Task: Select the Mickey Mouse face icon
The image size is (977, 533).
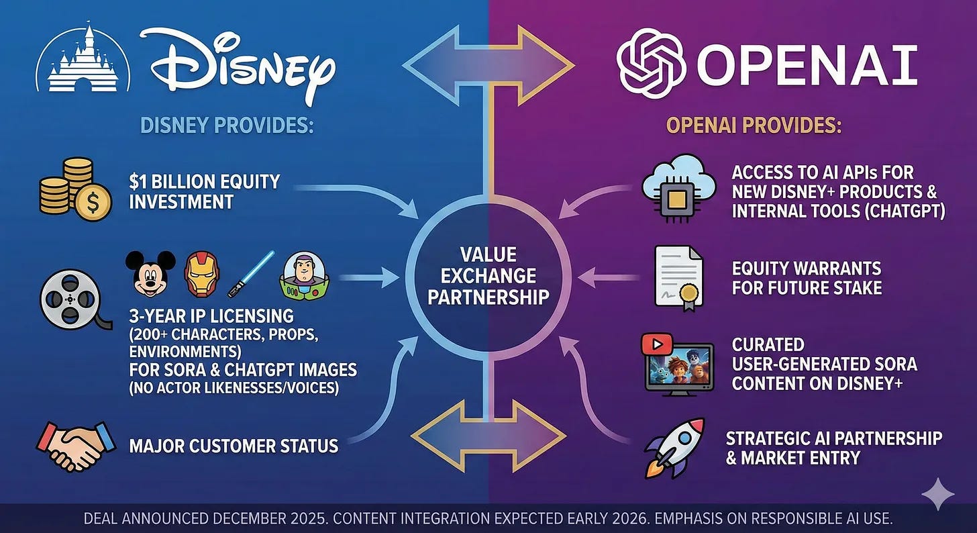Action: (150, 273)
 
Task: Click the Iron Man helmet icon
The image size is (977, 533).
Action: (201, 273)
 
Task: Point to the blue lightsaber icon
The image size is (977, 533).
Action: (251, 273)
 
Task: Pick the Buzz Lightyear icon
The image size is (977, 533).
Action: (302, 275)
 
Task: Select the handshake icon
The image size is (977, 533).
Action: (71, 445)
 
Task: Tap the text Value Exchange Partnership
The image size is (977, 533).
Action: (488, 275)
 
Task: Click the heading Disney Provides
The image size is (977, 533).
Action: (227, 125)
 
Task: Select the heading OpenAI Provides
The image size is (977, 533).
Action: (754, 125)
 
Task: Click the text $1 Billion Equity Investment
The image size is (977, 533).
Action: (205, 191)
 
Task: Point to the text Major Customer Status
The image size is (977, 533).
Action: (234, 445)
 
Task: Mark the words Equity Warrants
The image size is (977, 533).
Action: (806, 269)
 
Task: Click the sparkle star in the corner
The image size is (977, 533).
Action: (937, 495)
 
